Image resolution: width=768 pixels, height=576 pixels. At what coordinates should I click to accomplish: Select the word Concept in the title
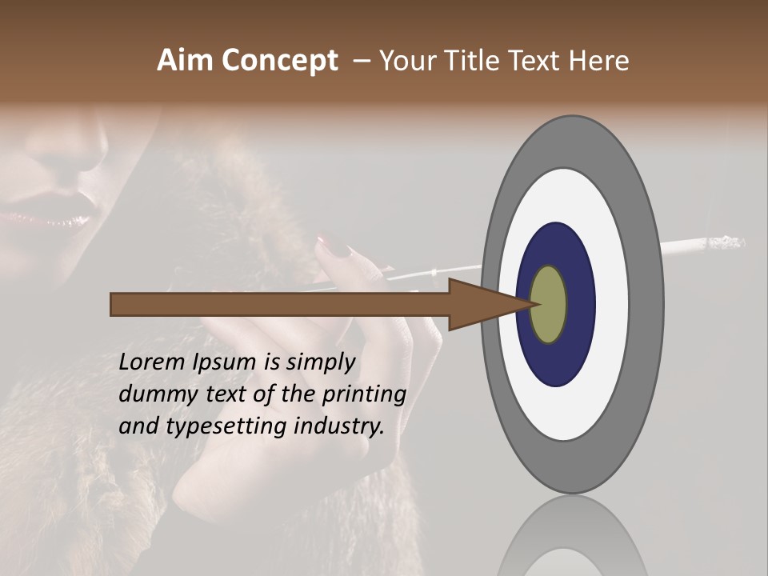click(279, 61)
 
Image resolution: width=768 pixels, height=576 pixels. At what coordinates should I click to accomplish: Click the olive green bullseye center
click(549, 304)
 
